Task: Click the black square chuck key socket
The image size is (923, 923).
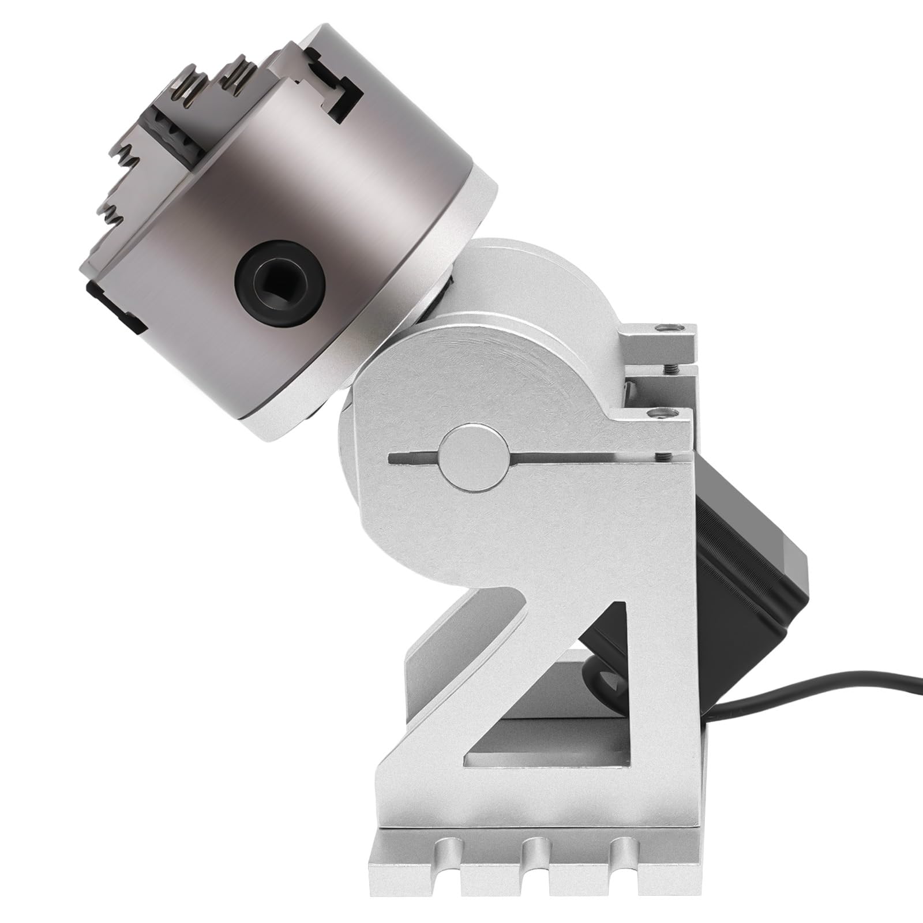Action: (x=281, y=280)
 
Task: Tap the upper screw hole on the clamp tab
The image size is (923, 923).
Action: (x=669, y=327)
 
